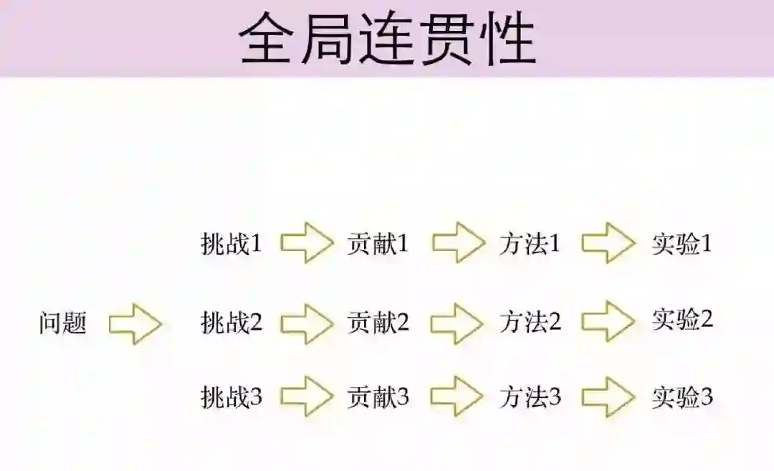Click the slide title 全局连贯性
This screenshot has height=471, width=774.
(387, 39)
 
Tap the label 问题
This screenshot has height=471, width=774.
(63, 323)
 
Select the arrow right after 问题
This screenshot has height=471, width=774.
(135, 324)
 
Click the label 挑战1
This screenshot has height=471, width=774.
(231, 244)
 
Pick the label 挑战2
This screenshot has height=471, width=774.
(231, 323)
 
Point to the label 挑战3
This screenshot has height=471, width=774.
(231, 397)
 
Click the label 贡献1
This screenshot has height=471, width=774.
(378, 244)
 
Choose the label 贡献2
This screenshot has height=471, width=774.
(378, 323)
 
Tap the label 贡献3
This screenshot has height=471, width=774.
(378, 396)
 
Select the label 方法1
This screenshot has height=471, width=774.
(530, 244)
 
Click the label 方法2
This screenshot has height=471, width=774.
(530, 323)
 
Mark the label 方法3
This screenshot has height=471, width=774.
(530, 396)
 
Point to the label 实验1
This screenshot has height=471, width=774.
(682, 244)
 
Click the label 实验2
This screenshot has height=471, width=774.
(682, 319)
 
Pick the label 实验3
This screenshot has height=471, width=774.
(682, 396)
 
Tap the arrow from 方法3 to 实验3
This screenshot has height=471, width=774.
(608, 396)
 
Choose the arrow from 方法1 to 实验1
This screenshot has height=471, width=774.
(608, 244)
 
